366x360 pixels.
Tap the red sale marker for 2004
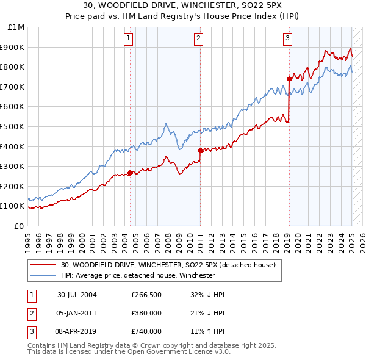click(131, 173)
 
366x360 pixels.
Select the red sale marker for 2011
click(200, 150)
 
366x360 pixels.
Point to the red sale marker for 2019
click(289, 78)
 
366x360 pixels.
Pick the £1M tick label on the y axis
click(16, 27)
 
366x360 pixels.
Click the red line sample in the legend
click(43, 265)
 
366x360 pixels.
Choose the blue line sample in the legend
click(43, 276)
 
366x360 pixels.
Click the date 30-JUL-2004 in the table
click(77, 295)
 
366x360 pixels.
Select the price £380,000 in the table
click(146, 313)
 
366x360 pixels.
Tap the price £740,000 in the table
click(146, 331)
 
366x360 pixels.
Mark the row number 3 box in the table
click(31, 331)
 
